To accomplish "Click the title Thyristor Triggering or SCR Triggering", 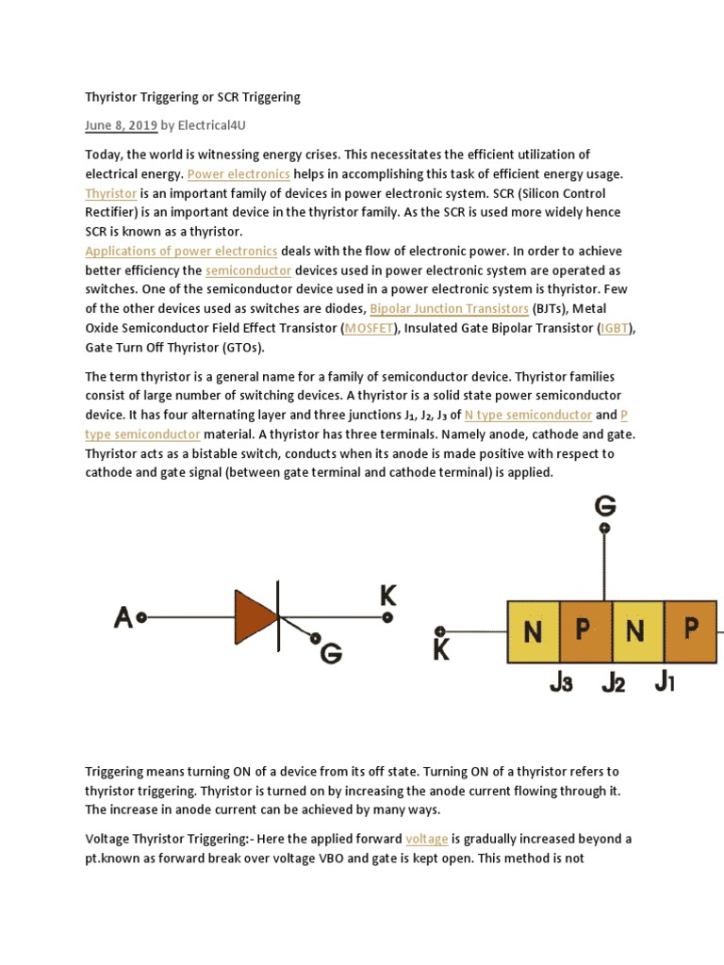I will tap(192, 97).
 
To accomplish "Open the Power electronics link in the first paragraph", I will tap(239, 174).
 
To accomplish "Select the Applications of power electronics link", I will tap(181, 251).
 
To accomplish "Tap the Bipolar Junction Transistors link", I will tap(449, 308).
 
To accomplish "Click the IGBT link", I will tap(617, 328).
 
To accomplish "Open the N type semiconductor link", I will tap(528, 415).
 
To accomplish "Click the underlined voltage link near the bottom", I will tap(426, 839).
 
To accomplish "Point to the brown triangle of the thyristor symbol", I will tap(255, 617).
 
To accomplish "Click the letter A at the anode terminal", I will tap(123, 618).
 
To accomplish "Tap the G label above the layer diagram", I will tap(605, 506).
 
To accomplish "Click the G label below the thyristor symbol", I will tap(331, 651).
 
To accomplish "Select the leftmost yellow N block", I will tap(534, 631).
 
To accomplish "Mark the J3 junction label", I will tap(561, 683).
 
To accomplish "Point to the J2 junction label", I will tap(613, 683).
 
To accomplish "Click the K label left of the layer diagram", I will tap(441, 650).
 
